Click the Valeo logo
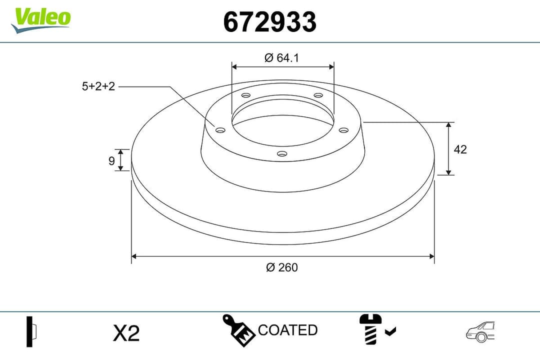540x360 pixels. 41,19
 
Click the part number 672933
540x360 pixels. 269,22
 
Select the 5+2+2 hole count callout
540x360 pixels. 98,86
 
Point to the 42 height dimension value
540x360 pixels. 460,149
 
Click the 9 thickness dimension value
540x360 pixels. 111,160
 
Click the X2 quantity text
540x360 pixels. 126,333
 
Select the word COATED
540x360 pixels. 287,330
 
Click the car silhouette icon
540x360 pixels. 480,331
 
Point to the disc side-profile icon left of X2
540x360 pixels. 31,331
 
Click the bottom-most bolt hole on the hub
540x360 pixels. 281,154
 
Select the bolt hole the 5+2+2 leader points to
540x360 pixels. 220,130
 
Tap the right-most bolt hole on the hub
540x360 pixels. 343,130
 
